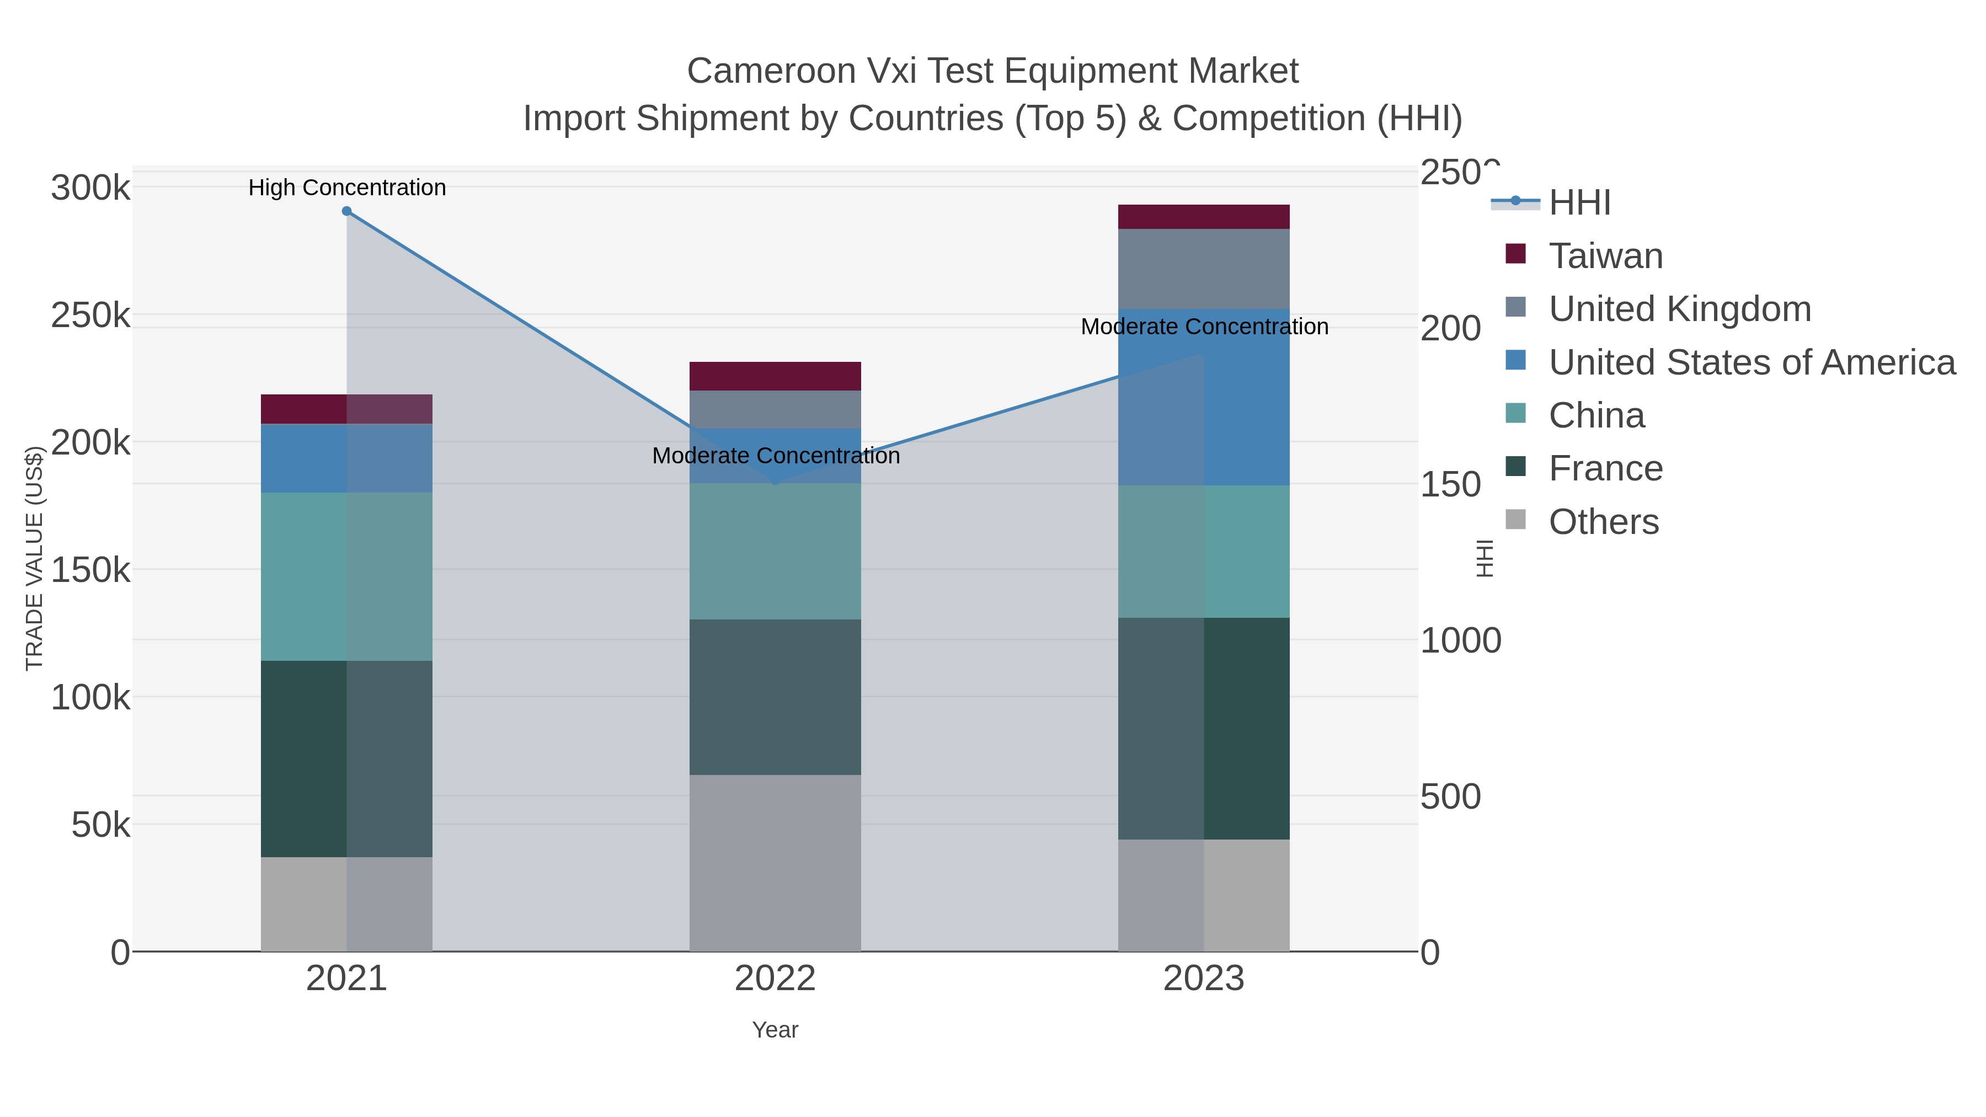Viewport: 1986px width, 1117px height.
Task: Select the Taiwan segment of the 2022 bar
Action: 775,376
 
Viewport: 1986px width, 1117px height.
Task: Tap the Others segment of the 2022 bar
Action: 775,863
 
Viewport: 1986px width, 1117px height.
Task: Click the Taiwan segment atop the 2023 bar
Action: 1204,217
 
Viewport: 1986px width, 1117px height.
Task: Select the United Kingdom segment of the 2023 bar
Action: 1204,269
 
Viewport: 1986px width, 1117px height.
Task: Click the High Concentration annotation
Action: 347,188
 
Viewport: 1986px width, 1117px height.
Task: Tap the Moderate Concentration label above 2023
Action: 1204,327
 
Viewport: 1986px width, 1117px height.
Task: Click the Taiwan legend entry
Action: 1605,256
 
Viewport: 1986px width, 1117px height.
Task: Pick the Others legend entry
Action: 1603,522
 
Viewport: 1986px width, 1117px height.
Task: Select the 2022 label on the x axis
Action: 775,979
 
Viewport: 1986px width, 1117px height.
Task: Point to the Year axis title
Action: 775,1030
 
